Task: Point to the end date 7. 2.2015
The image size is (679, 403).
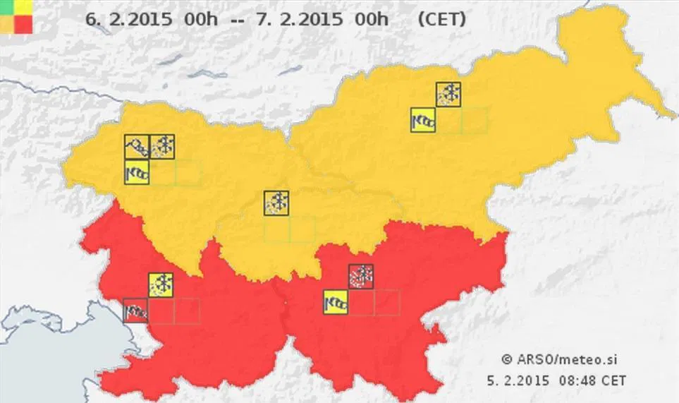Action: point(300,20)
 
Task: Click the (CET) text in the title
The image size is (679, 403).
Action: point(441,20)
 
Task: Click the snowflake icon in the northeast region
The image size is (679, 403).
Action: point(448,94)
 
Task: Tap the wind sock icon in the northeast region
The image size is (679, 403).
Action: point(423,120)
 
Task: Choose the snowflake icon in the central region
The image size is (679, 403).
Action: point(276,203)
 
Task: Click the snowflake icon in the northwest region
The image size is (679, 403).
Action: point(163,147)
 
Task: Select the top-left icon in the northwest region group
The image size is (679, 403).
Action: point(137,147)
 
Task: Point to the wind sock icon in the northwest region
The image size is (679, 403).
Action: point(137,172)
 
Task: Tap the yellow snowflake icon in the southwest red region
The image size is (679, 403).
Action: point(161,285)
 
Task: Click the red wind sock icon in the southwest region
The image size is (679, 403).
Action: point(135,311)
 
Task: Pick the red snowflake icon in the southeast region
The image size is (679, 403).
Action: point(361,277)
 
